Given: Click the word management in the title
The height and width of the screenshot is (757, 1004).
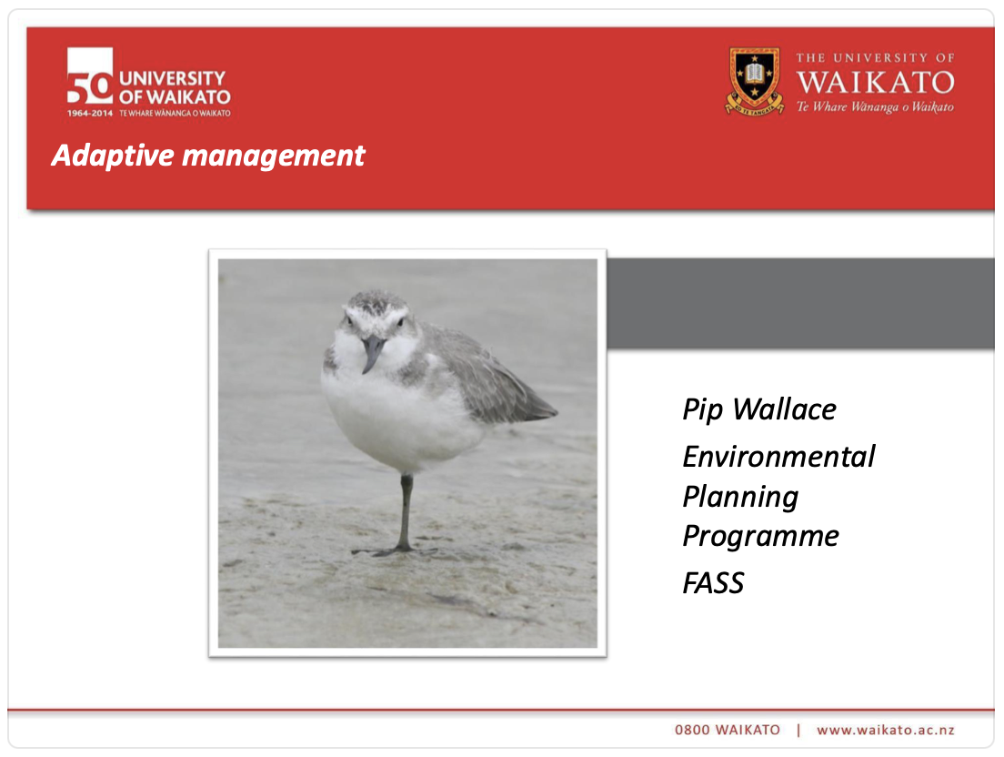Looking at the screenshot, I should (x=274, y=156).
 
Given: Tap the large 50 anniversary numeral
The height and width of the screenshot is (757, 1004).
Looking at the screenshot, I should (x=89, y=78).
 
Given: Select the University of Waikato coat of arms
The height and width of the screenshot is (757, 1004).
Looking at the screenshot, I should (x=754, y=80).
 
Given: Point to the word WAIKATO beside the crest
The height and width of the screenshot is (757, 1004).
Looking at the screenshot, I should (x=875, y=83).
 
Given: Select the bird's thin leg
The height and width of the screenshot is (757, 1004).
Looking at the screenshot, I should (x=406, y=510).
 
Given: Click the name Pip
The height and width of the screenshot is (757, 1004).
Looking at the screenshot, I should (x=703, y=410).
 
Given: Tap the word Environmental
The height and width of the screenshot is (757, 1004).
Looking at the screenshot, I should (x=778, y=456).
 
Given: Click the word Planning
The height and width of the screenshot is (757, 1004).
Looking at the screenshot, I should (x=740, y=497).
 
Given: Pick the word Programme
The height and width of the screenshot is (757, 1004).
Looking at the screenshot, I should (x=760, y=536).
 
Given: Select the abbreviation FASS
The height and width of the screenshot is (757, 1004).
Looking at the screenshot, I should (x=714, y=583).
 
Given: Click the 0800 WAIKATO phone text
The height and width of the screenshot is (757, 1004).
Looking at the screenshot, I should (x=728, y=730).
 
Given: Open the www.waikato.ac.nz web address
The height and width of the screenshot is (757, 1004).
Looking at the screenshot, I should (x=885, y=730).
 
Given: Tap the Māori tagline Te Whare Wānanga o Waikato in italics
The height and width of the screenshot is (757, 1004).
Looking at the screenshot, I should (x=875, y=106).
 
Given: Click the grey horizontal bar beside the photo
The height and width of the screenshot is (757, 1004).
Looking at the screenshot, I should (x=800, y=303).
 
